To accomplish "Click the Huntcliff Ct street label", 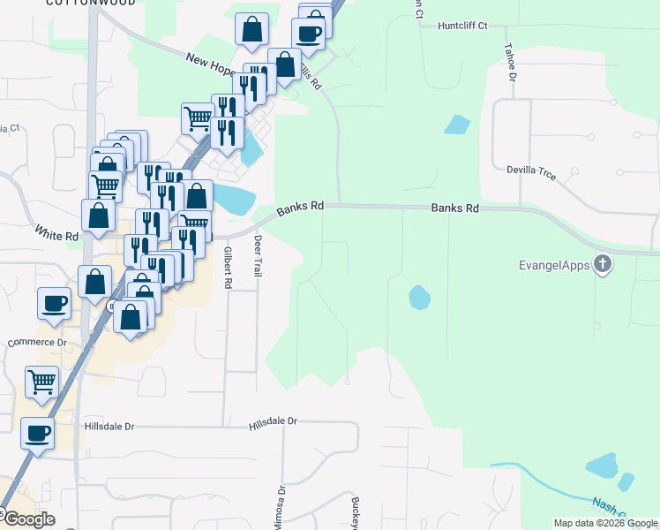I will tap(462, 26).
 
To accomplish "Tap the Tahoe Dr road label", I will tap(511, 61).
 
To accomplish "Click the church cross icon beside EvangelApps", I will tap(603, 263).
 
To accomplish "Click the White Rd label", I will tap(57, 235).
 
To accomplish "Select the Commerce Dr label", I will tap(37, 343).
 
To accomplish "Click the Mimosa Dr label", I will tap(282, 501).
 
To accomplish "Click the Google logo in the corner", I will tap(28, 519).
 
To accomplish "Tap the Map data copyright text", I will tap(604, 523).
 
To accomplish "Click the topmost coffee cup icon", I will tap(308, 34).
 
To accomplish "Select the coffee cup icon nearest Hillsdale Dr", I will tap(37, 433).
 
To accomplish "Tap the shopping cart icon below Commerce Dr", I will tap(41, 382).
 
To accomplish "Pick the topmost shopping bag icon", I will tap(252, 29).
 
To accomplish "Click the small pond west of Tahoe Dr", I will tap(457, 125).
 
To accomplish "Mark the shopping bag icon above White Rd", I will tap(98, 216).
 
